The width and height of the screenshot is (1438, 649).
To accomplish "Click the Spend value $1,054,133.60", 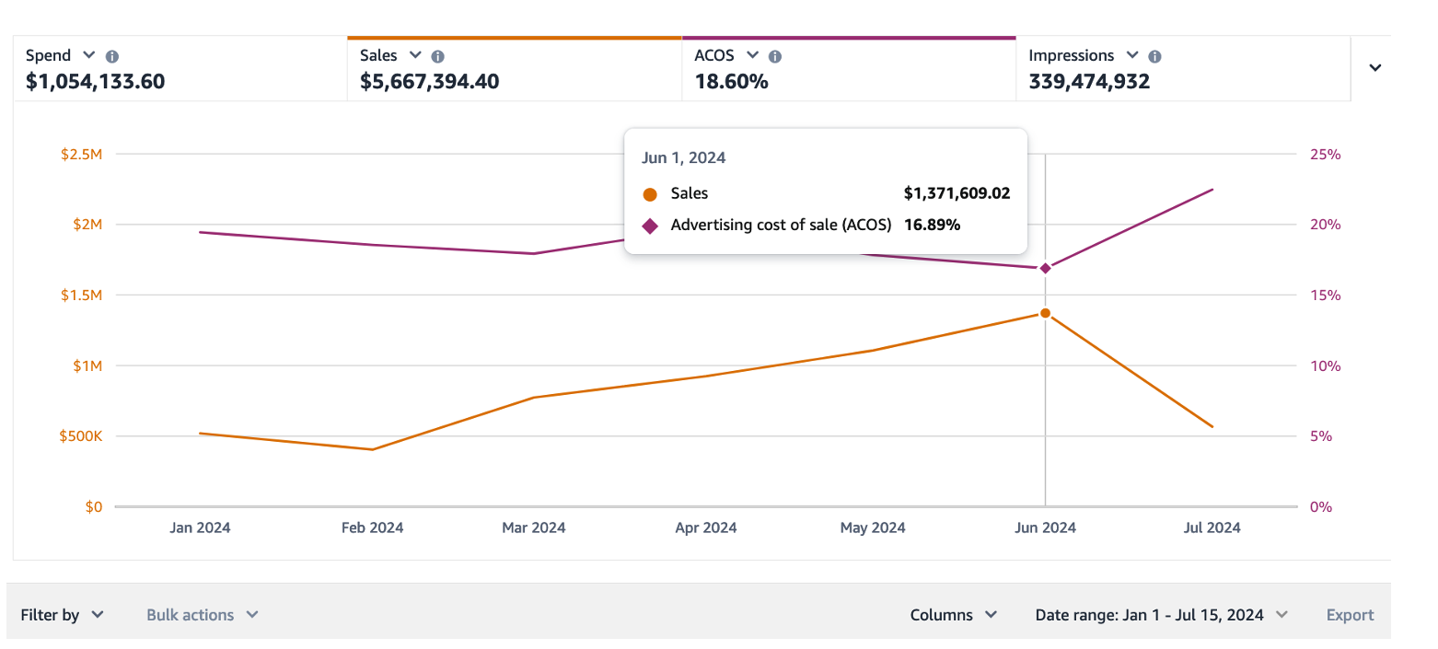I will [96, 82].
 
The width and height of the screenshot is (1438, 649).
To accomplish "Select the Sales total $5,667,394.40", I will [429, 82].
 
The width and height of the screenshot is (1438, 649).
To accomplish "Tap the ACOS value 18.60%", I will [731, 82].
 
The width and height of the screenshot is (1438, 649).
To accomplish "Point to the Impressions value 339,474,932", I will [1089, 82].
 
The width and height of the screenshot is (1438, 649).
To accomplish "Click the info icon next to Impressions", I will [1154, 56].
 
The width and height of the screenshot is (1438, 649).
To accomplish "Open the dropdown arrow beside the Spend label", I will [89, 55].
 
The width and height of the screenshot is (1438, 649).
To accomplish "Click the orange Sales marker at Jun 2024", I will [1045, 313].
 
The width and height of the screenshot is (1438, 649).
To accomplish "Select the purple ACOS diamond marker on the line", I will [1045, 268].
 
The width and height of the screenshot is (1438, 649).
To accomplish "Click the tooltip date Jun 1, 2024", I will [683, 157].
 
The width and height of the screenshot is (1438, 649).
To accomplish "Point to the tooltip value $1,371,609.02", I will [957, 193].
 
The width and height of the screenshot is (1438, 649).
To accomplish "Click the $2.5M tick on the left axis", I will [81, 155].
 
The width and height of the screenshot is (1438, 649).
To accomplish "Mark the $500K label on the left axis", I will [80, 436].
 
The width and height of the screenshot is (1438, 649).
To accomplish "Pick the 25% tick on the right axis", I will [1325, 155].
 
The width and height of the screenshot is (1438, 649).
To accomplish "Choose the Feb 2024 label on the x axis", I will [372, 528].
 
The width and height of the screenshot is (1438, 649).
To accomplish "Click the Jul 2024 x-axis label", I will [1212, 528].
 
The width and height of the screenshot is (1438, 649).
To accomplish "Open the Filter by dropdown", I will [62, 615].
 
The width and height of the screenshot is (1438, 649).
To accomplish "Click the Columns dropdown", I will [953, 615].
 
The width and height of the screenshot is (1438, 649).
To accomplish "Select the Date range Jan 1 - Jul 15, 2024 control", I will [1160, 615].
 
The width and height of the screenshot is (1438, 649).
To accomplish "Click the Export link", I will [1350, 615].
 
